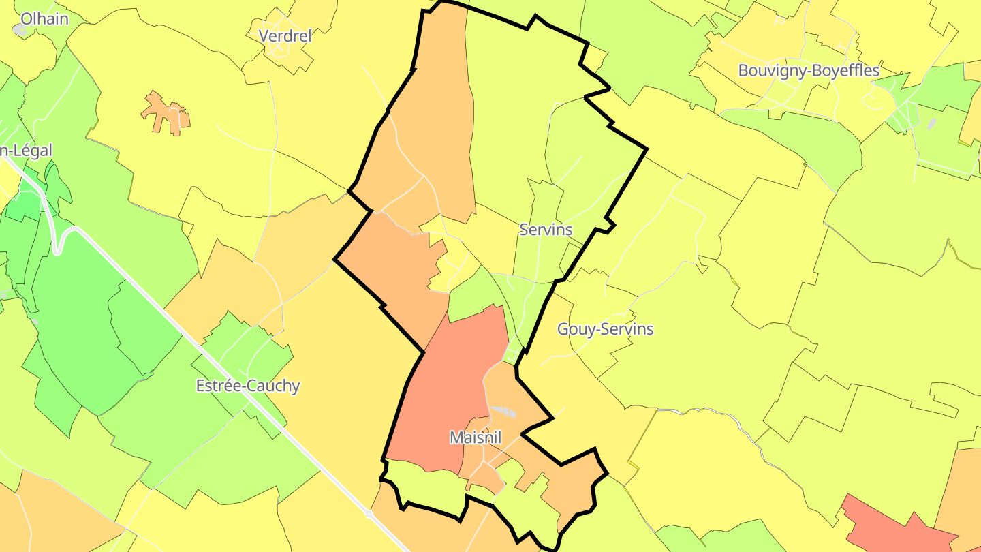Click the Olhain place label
pos(44,18)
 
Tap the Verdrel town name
pos(285,35)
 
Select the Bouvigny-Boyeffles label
pos(809,70)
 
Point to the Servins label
pos(546,230)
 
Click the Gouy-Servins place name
pos(605,329)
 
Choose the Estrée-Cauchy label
pos(248,386)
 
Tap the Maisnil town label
pos(476,438)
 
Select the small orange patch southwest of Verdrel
pos(166,114)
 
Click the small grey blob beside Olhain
pos(19,30)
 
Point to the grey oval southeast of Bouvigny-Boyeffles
pos(931,123)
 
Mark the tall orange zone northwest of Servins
pos(436,116)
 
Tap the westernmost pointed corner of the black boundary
pos(335,259)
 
